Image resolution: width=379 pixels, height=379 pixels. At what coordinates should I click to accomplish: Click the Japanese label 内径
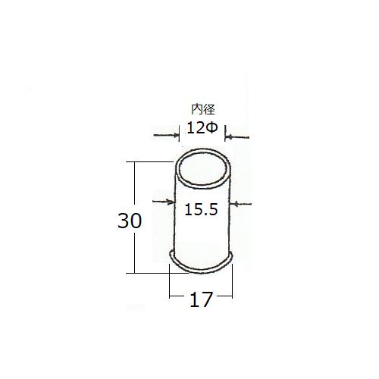203,109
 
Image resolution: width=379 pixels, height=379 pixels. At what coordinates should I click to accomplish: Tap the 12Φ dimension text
202,128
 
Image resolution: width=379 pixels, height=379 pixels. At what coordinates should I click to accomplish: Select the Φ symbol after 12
211,128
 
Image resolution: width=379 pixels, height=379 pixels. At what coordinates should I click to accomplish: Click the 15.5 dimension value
201,209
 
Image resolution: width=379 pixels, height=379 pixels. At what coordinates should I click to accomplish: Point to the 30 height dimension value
130,221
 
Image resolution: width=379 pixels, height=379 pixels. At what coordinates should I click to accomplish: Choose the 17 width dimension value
201,299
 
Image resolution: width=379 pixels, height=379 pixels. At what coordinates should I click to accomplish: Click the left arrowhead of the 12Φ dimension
175,136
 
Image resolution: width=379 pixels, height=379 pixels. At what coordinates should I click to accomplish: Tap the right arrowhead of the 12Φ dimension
229,137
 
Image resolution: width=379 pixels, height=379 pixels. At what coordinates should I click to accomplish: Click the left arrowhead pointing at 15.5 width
171,202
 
